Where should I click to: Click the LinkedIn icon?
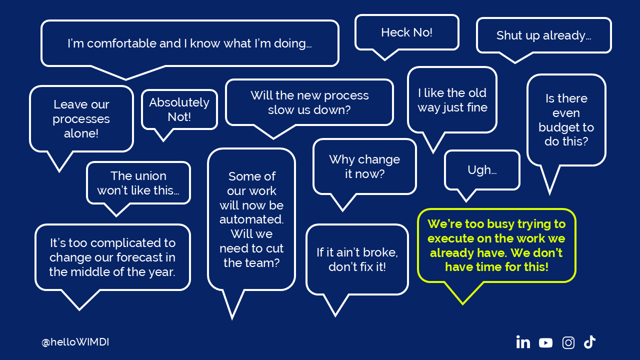pyautogui.click(x=523, y=342)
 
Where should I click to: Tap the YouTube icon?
pyautogui.click(x=545, y=342)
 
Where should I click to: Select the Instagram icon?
pyautogui.click(x=568, y=342)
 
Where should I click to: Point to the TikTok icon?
pyautogui.click(x=589, y=342)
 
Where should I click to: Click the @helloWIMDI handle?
pyautogui.click(x=75, y=342)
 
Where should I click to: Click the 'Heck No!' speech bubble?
pyautogui.click(x=406, y=32)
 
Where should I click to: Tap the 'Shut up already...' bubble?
pyautogui.click(x=543, y=35)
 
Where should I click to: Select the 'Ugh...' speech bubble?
pyautogui.click(x=482, y=170)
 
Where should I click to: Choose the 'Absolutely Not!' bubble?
pyautogui.click(x=179, y=109)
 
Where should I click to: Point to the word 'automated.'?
pyautogui.click(x=251, y=219)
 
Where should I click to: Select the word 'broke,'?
pyautogui.click(x=382, y=252)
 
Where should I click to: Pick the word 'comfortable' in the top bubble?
pyautogui.click(x=122, y=43)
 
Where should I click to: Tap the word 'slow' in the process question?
pyautogui.click(x=281, y=110)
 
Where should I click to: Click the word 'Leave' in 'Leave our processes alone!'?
pyautogui.click(x=67, y=104)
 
